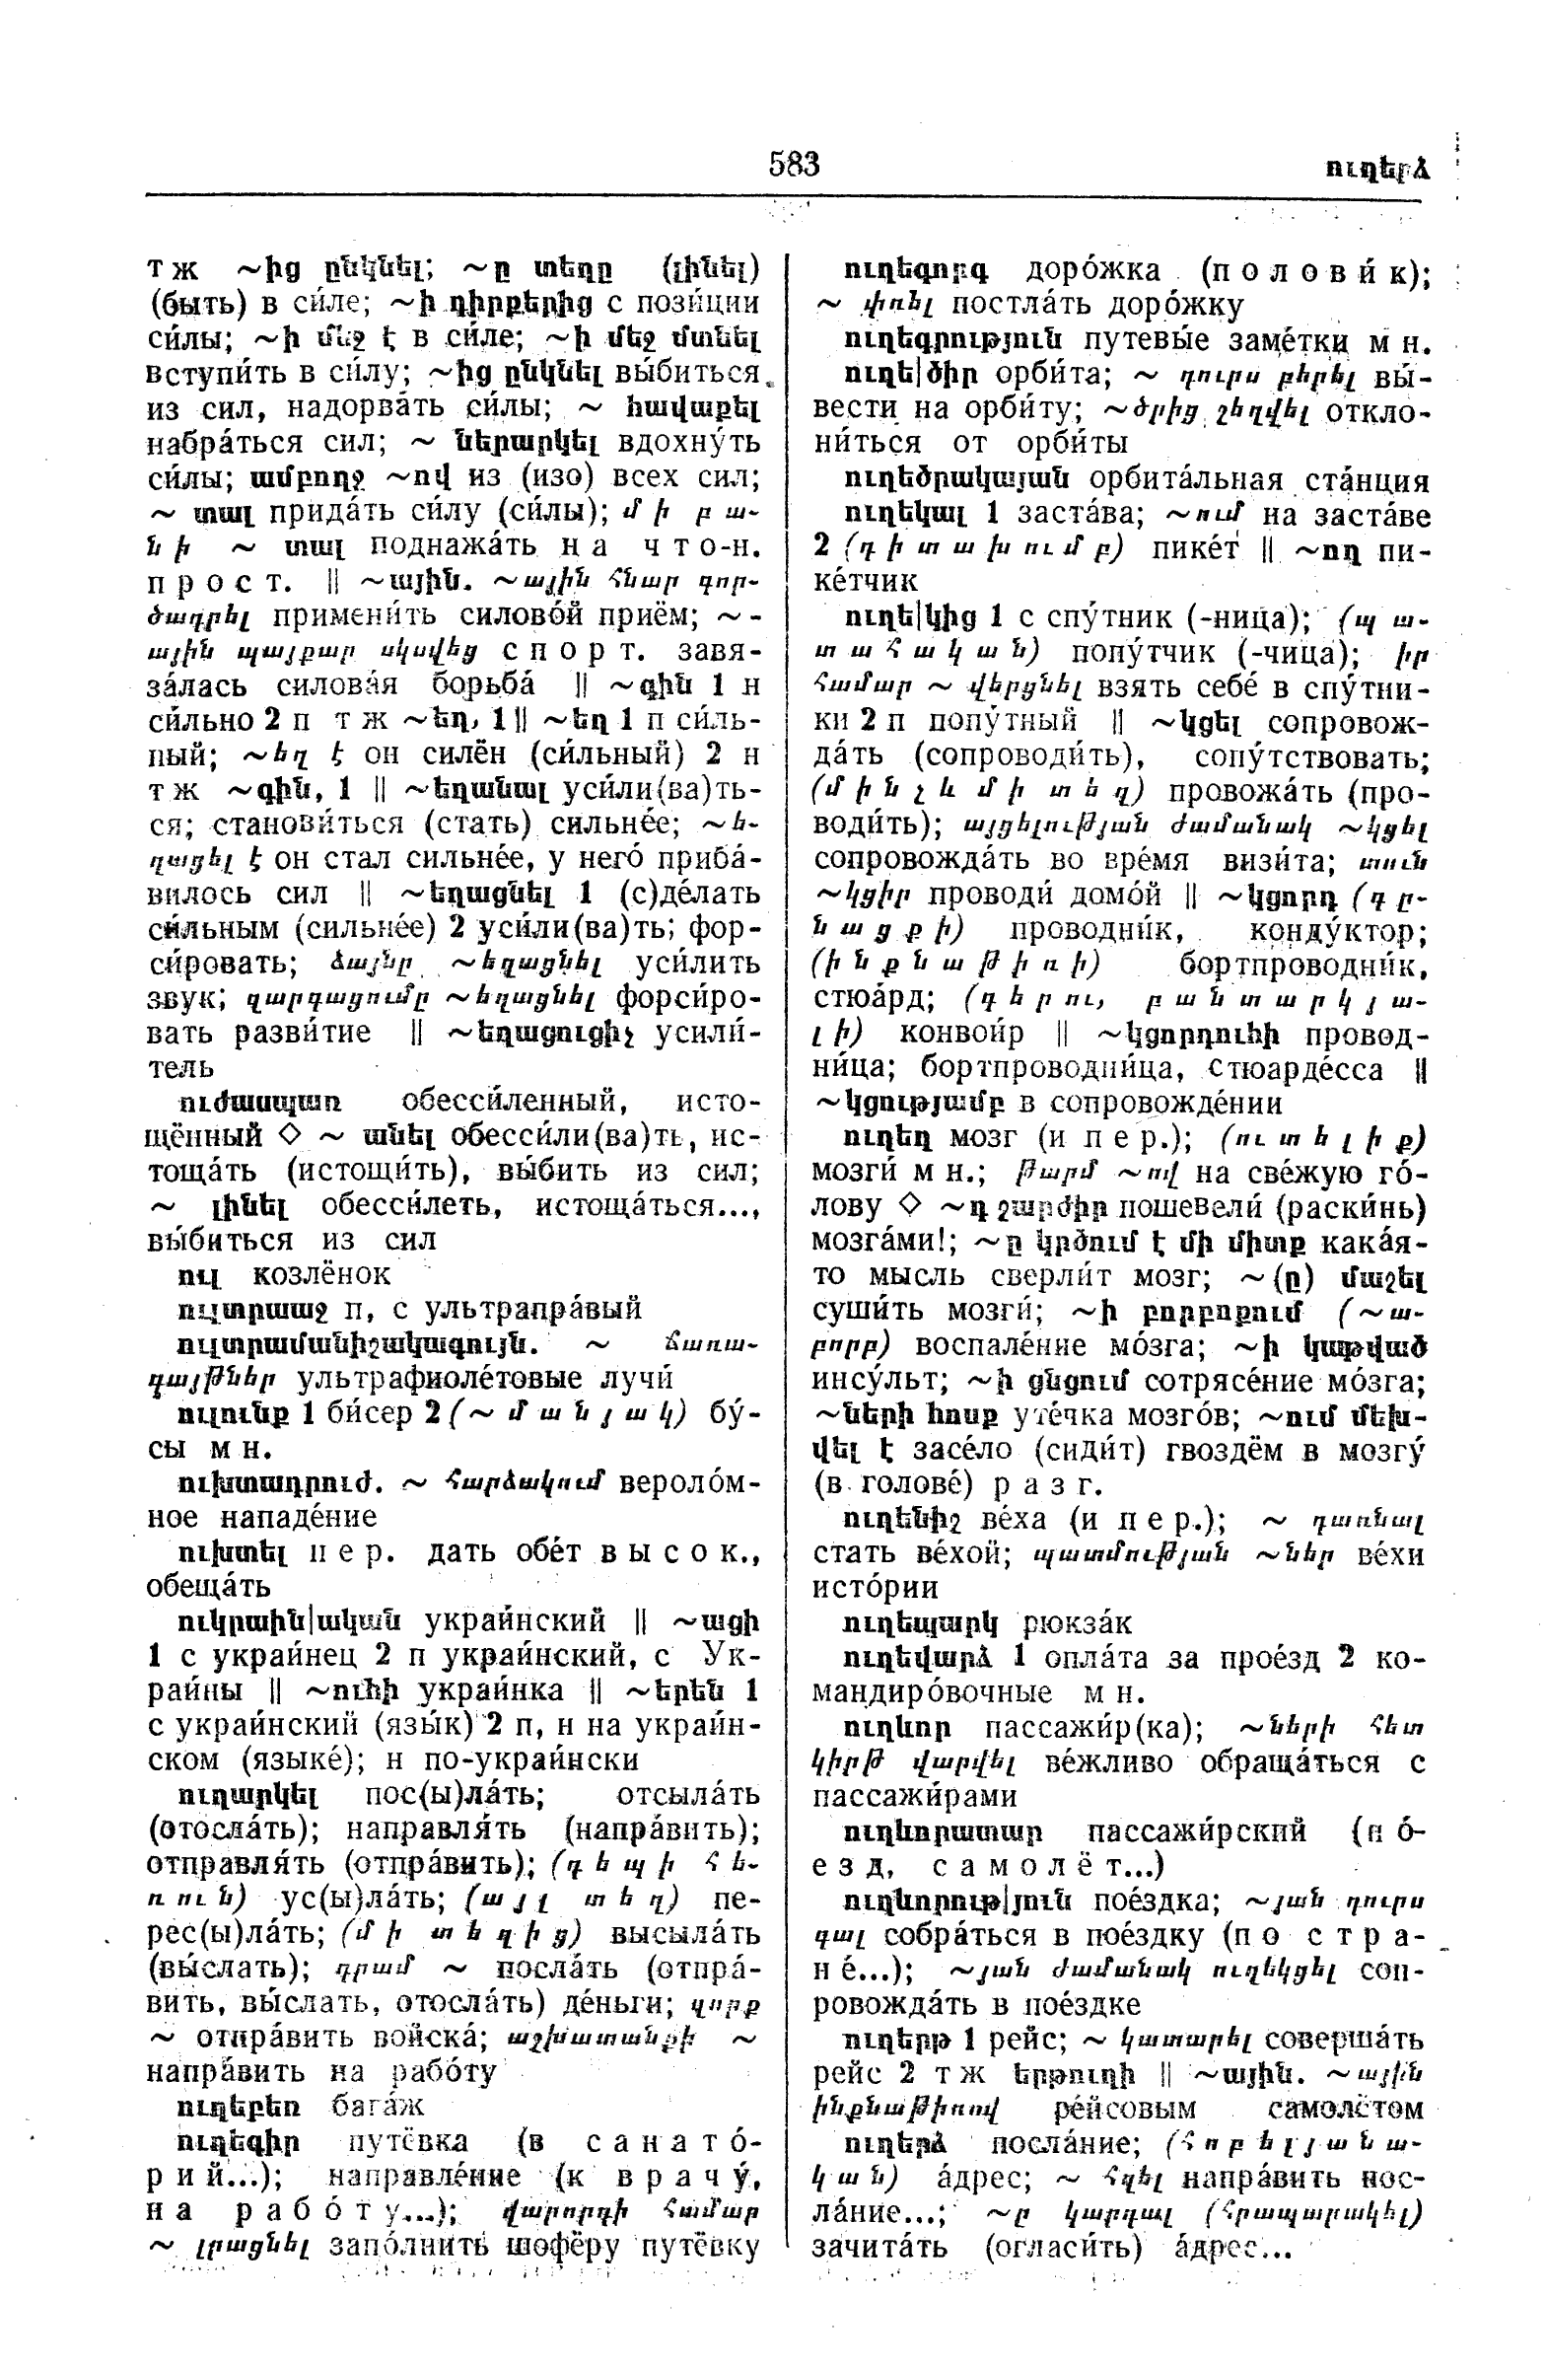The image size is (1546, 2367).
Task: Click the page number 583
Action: pos(793,163)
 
